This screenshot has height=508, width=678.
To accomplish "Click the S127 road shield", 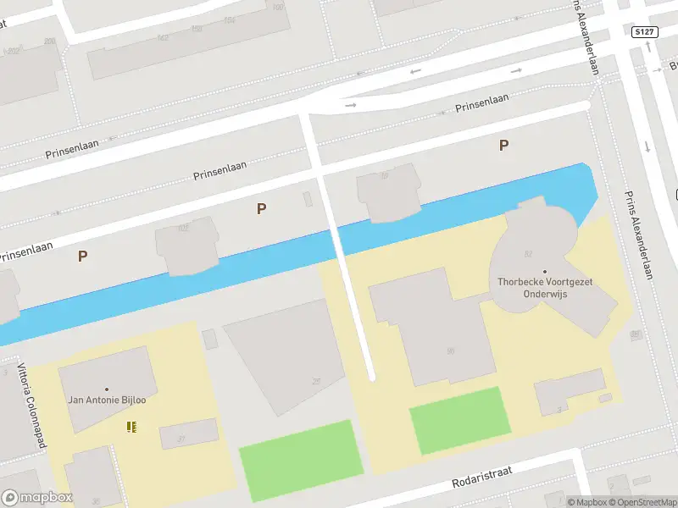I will [644, 32].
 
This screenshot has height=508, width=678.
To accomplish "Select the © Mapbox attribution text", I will [588, 502].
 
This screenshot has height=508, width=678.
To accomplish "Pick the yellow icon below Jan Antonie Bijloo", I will [131, 426].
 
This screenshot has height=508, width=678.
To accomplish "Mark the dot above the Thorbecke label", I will [545, 272].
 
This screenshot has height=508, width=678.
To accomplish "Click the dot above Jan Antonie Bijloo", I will [106, 389].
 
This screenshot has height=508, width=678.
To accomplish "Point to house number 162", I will [163, 38].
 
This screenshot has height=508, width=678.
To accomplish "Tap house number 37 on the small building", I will [181, 438].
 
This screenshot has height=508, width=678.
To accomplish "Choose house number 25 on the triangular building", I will [316, 382].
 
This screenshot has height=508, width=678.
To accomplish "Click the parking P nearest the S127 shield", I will [503, 145].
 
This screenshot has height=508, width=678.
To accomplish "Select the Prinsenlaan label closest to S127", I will [482, 103].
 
